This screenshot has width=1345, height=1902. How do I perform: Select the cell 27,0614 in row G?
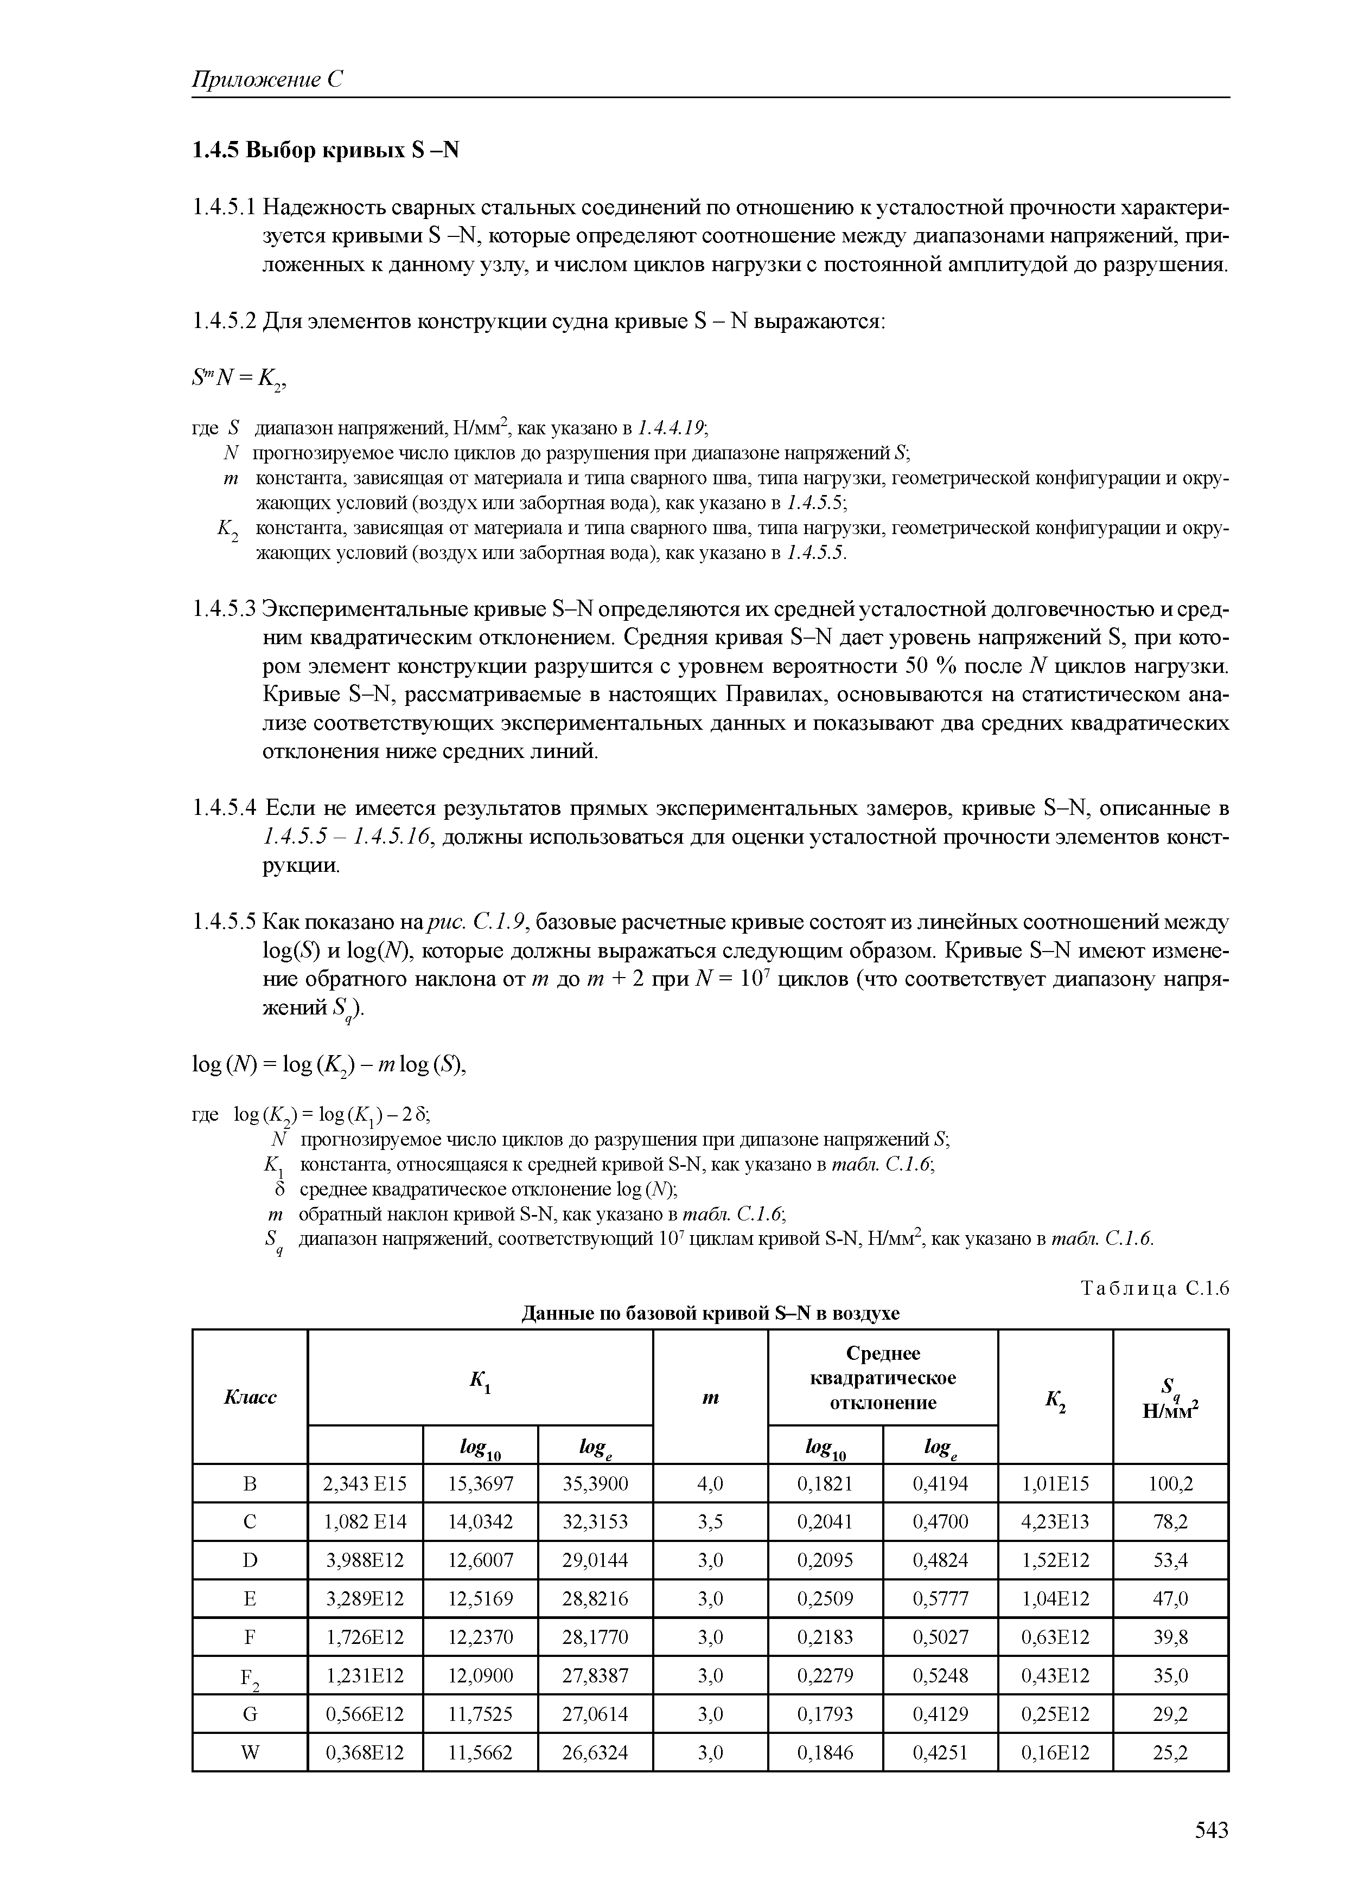[x=595, y=1714]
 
